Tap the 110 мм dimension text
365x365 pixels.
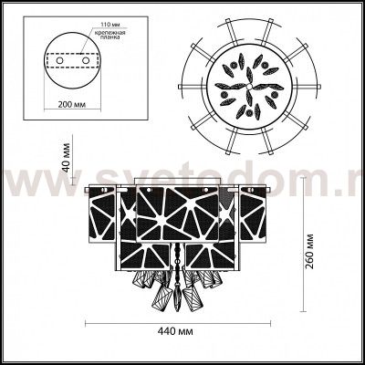(113, 18)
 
